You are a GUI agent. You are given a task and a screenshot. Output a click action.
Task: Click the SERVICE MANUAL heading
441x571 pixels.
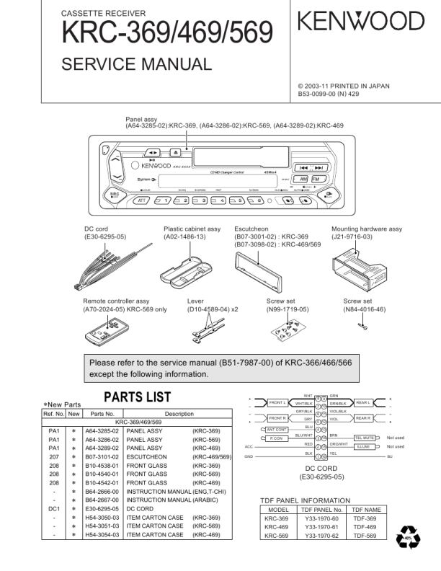[137, 64]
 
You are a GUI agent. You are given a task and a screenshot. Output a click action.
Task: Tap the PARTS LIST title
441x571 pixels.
[138, 397]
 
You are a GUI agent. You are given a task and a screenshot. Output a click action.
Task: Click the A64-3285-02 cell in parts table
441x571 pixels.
[102, 430]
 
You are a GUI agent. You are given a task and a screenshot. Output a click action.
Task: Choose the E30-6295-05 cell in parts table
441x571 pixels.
[102, 508]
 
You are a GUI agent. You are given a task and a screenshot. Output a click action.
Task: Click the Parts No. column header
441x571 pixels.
[102, 414]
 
